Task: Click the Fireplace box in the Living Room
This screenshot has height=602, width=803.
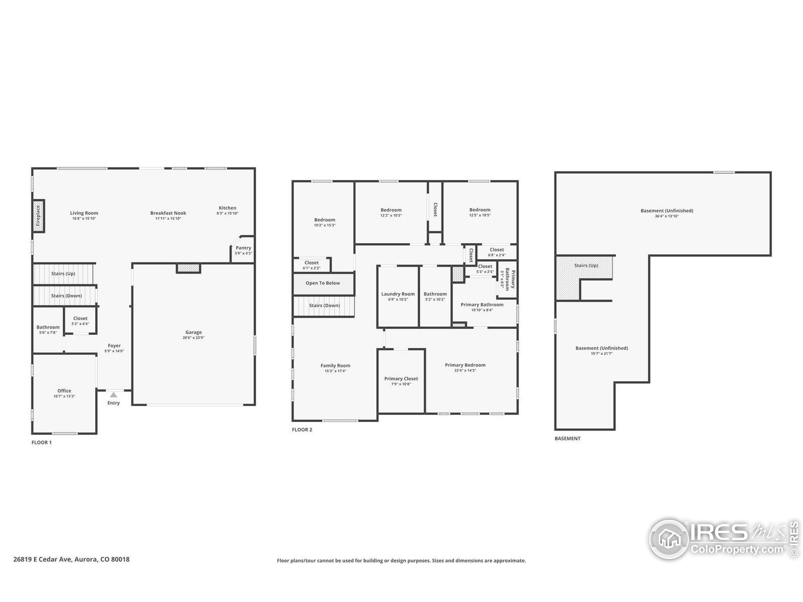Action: click(38, 216)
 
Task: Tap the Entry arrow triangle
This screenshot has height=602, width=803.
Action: click(114, 395)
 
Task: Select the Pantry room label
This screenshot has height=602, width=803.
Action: click(243, 248)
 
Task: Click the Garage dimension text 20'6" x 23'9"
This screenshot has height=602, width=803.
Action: click(194, 338)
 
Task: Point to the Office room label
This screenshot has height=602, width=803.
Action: click(64, 391)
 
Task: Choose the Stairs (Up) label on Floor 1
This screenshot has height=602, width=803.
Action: click(63, 274)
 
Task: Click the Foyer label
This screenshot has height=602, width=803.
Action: click(114, 346)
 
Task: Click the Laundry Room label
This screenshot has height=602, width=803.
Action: click(398, 294)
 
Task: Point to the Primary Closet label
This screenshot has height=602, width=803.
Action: click(401, 378)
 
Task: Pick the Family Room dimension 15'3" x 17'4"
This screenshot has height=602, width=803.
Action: click(335, 371)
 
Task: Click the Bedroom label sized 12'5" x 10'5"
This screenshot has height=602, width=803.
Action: click(480, 210)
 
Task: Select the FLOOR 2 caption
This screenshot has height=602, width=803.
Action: click(302, 430)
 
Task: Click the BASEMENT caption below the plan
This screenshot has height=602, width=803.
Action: click(567, 438)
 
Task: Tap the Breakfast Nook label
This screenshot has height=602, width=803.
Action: click(168, 213)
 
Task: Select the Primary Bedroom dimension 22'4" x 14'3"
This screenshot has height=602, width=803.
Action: click(465, 371)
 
